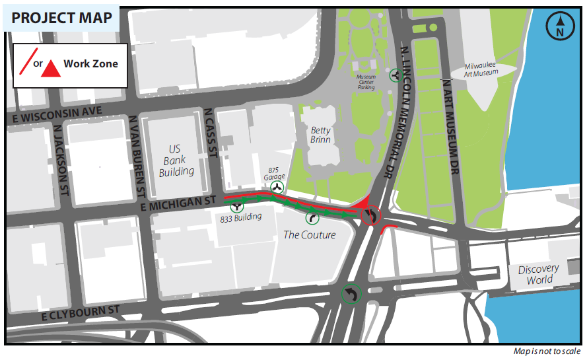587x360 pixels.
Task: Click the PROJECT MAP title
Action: point(62,17)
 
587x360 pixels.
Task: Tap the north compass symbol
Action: point(559,27)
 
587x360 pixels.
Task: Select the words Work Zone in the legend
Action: point(90,64)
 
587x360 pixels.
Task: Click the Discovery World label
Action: point(537,274)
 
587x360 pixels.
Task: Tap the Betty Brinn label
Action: point(320,135)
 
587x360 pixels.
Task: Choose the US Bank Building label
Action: point(176,161)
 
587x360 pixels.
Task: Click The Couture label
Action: point(309,234)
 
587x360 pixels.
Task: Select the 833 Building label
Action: point(240,217)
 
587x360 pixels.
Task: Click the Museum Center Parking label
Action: point(366,82)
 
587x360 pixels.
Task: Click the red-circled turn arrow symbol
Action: point(370,215)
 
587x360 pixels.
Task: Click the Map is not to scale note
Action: point(547,351)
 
